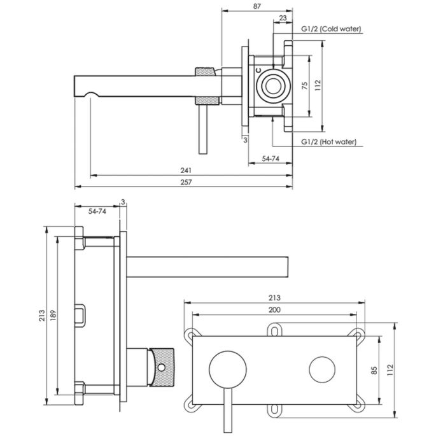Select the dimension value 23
(283, 19)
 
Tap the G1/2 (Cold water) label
(331, 29)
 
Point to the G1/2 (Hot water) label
(329, 142)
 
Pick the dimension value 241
(185, 171)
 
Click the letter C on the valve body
(258, 72)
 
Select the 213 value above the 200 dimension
(274, 297)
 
